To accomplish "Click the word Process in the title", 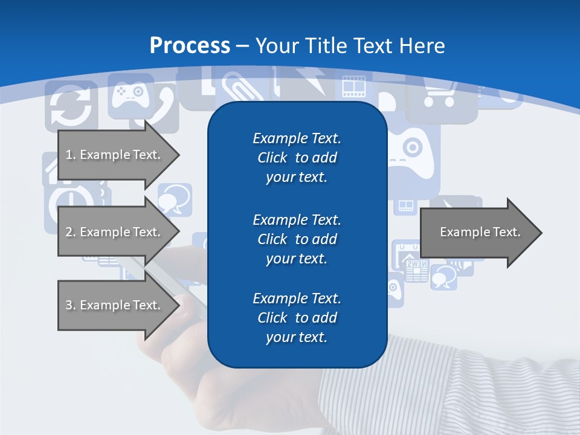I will [190, 46].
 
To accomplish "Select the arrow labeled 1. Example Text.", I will [115, 155].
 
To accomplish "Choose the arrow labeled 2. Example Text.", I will [115, 232].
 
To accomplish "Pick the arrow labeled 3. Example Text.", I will [115, 305].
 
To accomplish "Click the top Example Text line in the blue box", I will [297, 138].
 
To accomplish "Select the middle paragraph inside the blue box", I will [297, 239].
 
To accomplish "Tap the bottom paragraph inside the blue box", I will [297, 318].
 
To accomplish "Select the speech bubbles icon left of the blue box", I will [175, 199].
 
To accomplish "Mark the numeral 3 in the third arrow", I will [69, 305].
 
